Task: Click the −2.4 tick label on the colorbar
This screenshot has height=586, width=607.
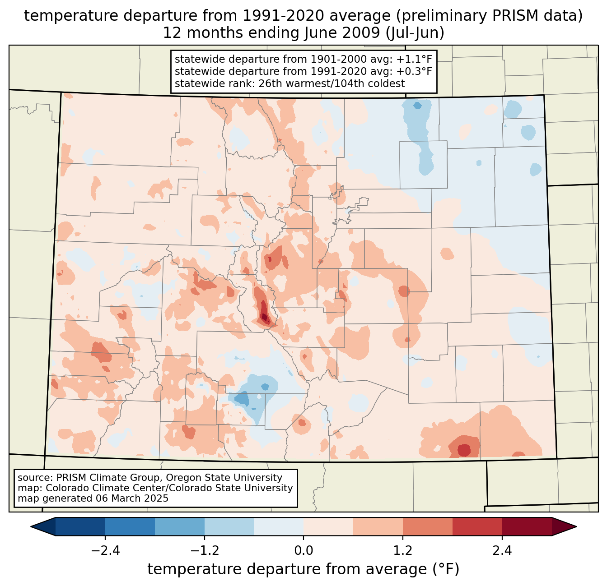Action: coord(105,551)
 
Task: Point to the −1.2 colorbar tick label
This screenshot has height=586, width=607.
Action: coord(205,551)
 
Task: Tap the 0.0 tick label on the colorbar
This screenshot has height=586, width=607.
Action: coord(303,551)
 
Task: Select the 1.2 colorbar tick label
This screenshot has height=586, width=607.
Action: coord(403,551)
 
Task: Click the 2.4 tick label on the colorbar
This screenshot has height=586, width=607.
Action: coord(502,551)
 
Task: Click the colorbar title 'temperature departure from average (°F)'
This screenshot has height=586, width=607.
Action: coord(303,569)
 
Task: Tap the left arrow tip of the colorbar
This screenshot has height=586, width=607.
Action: coord(32,526)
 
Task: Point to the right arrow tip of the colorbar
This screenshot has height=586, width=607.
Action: coord(575,526)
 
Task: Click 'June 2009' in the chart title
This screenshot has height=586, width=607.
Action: coord(306,33)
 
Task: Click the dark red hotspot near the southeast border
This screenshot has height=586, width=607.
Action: coord(464,450)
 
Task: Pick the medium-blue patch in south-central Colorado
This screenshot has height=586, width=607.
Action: coord(242,399)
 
